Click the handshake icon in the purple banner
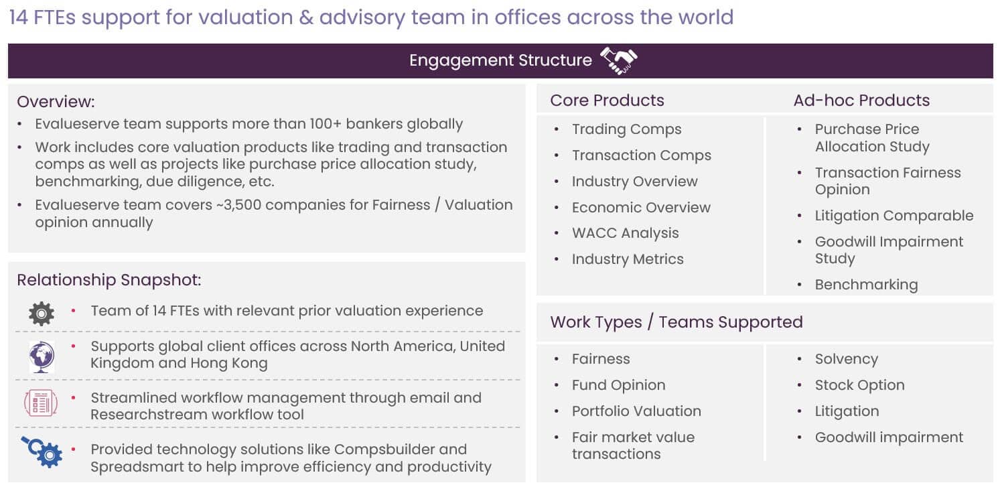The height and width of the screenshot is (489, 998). point(619,60)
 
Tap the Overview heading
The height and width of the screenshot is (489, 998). point(56,102)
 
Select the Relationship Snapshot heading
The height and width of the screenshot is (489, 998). point(109,280)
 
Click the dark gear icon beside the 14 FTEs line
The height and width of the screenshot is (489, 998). point(42,313)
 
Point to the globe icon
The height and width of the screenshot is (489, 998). point(42,356)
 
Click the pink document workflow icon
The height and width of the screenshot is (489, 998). point(41,403)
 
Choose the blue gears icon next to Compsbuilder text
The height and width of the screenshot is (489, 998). point(42,452)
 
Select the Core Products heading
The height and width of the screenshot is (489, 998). point(607,100)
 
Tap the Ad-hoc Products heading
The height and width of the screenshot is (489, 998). point(861,100)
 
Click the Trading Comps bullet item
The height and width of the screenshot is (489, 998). point(626,129)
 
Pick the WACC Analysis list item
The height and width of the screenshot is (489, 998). point(625,232)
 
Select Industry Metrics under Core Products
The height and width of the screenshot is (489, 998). point(628,259)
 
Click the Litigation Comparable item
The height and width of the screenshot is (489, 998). point(894,216)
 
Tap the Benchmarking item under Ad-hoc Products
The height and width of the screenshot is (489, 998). point(866,285)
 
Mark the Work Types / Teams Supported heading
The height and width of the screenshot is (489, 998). point(676,322)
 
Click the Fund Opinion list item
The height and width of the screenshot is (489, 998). point(618,385)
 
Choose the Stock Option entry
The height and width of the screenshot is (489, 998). point(859,385)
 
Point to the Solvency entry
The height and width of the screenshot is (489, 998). point(846,359)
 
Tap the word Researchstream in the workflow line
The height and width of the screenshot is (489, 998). point(149,415)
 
